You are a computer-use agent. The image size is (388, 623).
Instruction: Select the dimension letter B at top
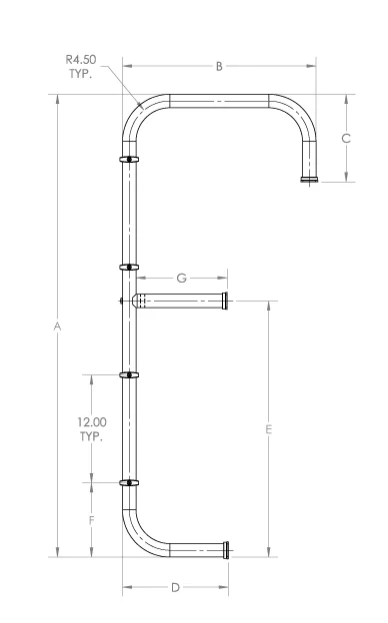click(219, 67)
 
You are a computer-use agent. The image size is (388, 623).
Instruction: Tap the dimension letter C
click(346, 139)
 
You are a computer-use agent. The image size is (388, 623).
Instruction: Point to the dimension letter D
click(174, 587)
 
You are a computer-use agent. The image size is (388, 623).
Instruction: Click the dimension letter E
click(269, 429)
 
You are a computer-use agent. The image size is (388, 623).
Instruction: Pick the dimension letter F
click(92, 520)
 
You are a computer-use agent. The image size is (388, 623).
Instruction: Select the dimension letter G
click(181, 278)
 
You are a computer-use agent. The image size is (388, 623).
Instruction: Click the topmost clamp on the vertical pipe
click(130, 159)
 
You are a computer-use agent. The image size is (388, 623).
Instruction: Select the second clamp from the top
click(130, 267)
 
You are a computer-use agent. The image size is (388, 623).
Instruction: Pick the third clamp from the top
click(130, 375)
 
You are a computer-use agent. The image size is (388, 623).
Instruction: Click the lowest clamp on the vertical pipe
click(130, 483)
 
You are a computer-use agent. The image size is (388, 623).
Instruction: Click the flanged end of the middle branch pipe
click(227, 300)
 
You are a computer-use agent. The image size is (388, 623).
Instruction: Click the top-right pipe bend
click(299, 112)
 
